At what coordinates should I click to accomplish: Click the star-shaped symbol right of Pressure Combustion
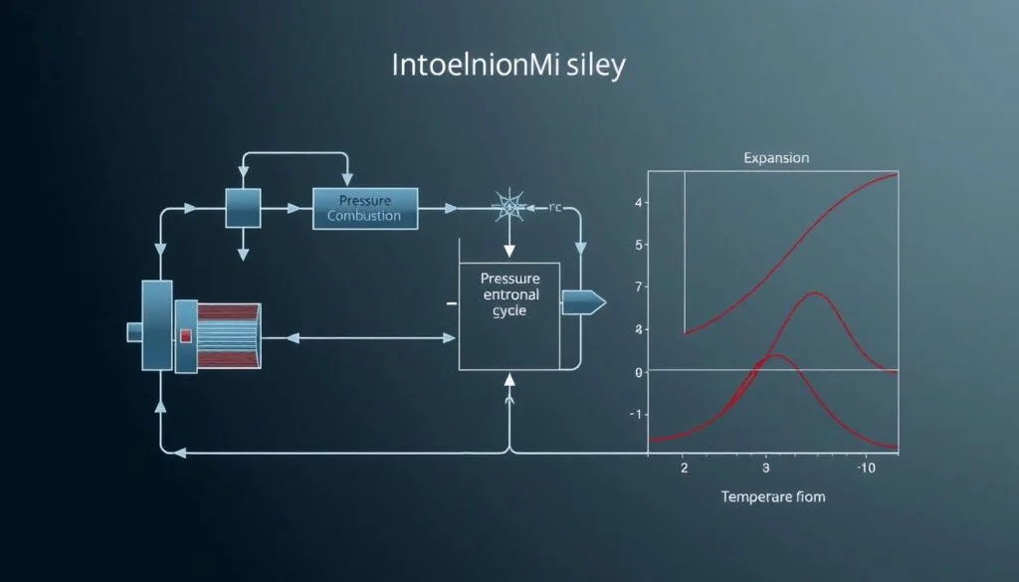[x=509, y=208]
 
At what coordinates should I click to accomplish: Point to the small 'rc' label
[x=556, y=208]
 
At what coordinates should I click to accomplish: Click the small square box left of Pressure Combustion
[x=242, y=208]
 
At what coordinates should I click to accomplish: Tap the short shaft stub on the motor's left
[x=134, y=331]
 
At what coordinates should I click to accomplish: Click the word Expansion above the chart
[x=776, y=158]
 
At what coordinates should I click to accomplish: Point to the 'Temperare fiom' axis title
[x=773, y=496]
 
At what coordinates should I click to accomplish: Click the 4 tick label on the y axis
[x=638, y=203]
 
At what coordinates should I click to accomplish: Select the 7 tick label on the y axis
[x=638, y=287]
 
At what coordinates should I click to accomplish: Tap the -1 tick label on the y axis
[x=637, y=414]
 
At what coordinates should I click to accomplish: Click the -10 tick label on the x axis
[x=867, y=467]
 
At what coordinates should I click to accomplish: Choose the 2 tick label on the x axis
[x=684, y=467]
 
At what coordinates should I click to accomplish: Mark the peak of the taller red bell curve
[x=816, y=292]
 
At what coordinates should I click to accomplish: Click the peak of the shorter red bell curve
[x=775, y=355]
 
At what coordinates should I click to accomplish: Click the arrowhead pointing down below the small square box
[x=242, y=255]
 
